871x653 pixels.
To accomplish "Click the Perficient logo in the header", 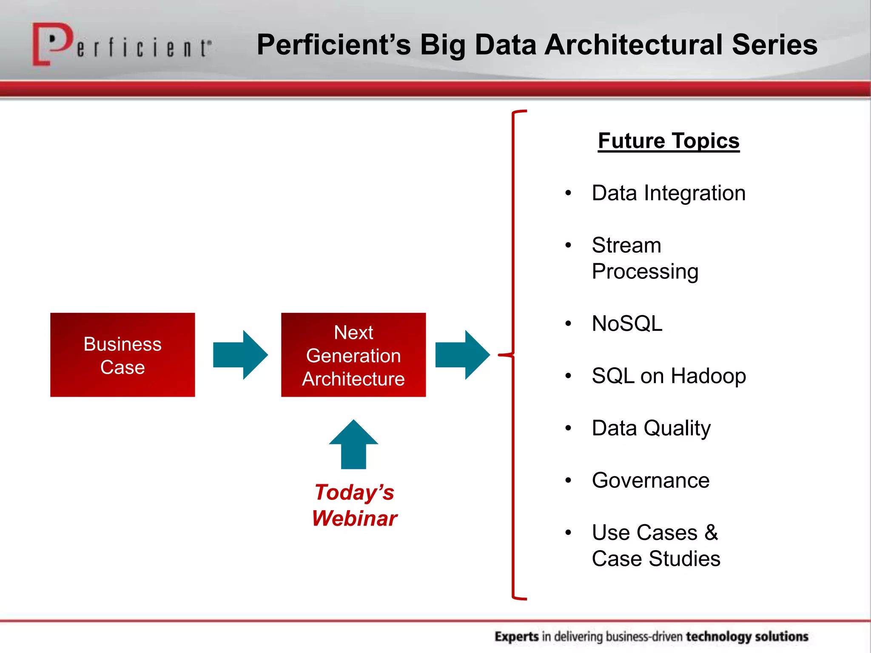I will coord(121,45).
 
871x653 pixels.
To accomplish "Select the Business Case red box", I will coord(122,355).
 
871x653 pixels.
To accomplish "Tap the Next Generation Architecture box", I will coord(353,355).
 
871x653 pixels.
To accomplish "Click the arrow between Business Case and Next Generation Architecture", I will coord(240,355).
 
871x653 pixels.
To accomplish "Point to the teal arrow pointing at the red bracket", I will coord(463,355).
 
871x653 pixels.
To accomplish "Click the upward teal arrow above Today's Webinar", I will coord(353,444).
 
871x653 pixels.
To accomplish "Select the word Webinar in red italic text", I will coord(354,519).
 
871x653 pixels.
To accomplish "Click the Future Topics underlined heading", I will coord(669,141).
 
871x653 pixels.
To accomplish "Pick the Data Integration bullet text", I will coord(669,193).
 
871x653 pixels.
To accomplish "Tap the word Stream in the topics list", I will coord(626,245).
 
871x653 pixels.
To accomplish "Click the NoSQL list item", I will coord(627,324).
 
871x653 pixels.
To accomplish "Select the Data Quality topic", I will coord(651,428).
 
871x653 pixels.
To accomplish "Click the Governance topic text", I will coord(651,480).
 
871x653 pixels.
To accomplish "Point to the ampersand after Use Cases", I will coord(711,533).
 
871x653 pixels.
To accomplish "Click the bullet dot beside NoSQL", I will coord(568,324).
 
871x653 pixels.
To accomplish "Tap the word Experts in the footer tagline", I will coord(517,636).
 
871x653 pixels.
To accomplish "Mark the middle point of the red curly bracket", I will coord(507,354).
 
